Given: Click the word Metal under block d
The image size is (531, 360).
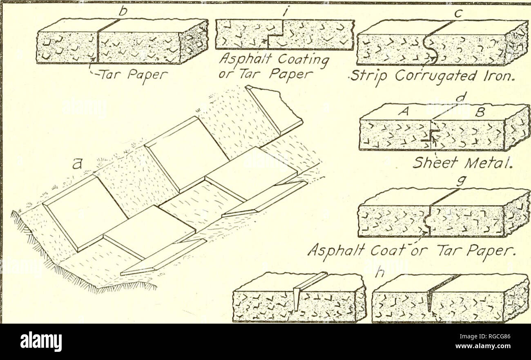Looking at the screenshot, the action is pos(482,164).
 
